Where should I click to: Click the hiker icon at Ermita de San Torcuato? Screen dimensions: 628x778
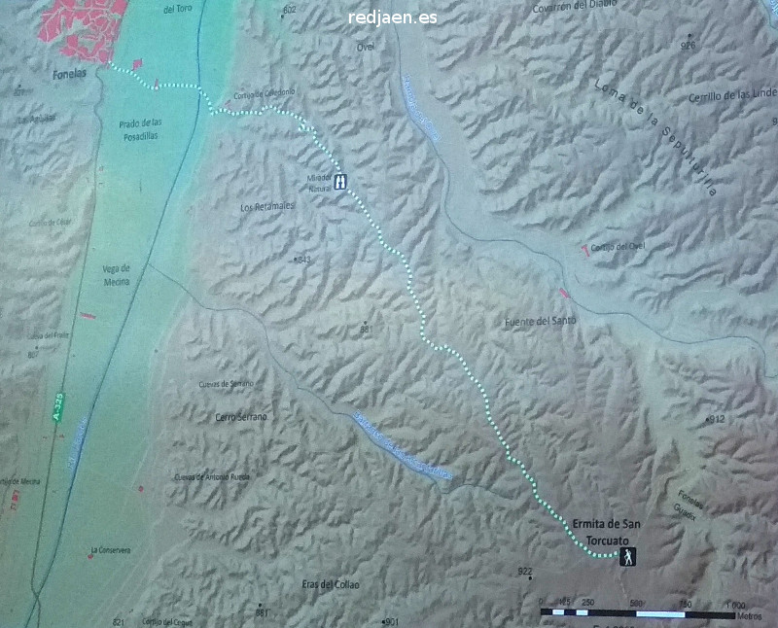click(629, 557)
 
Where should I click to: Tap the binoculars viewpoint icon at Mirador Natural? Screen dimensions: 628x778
click(341, 181)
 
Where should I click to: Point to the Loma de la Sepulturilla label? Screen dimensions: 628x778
click(655, 134)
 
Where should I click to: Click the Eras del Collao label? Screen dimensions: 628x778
click(325, 584)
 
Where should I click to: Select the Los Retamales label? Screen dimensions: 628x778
click(267, 208)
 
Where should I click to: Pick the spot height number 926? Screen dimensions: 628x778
click(689, 46)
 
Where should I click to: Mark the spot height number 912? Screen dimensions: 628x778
click(718, 419)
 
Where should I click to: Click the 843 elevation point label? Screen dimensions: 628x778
click(302, 260)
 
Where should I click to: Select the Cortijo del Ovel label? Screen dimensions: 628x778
click(619, 247)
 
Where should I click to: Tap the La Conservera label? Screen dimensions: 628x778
click(110, 550)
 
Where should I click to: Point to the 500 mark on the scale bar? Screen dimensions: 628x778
click(635, 603)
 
